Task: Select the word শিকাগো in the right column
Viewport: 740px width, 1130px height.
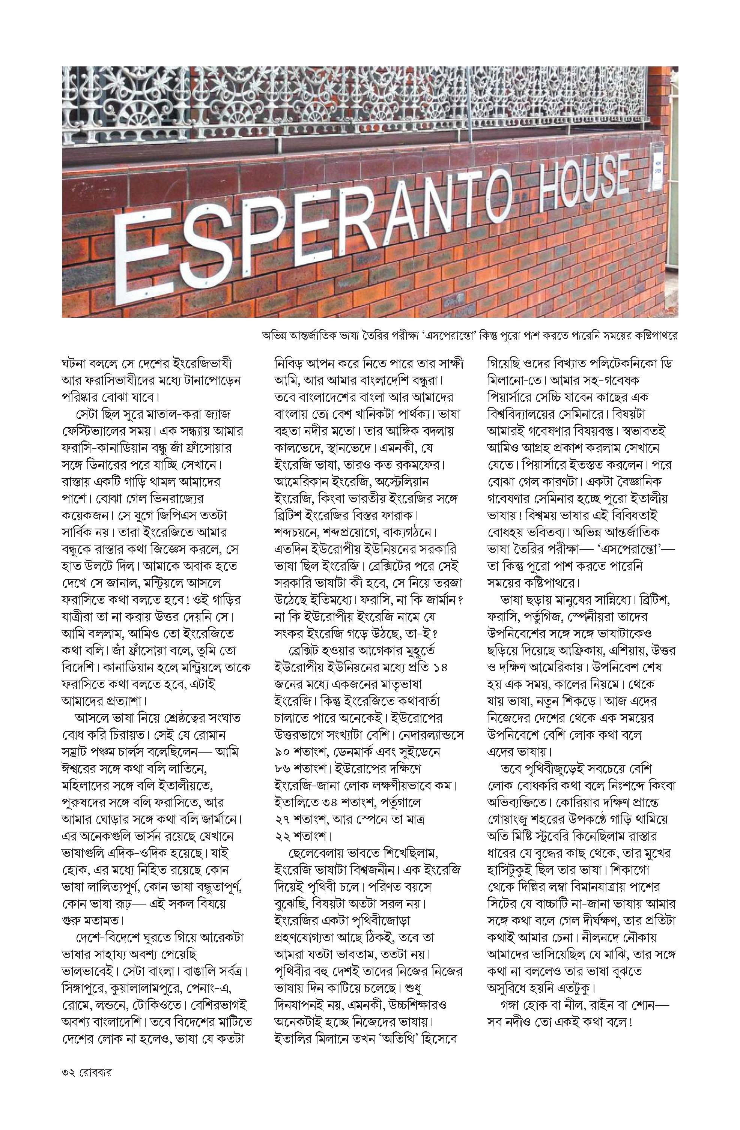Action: pos(653,871)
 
